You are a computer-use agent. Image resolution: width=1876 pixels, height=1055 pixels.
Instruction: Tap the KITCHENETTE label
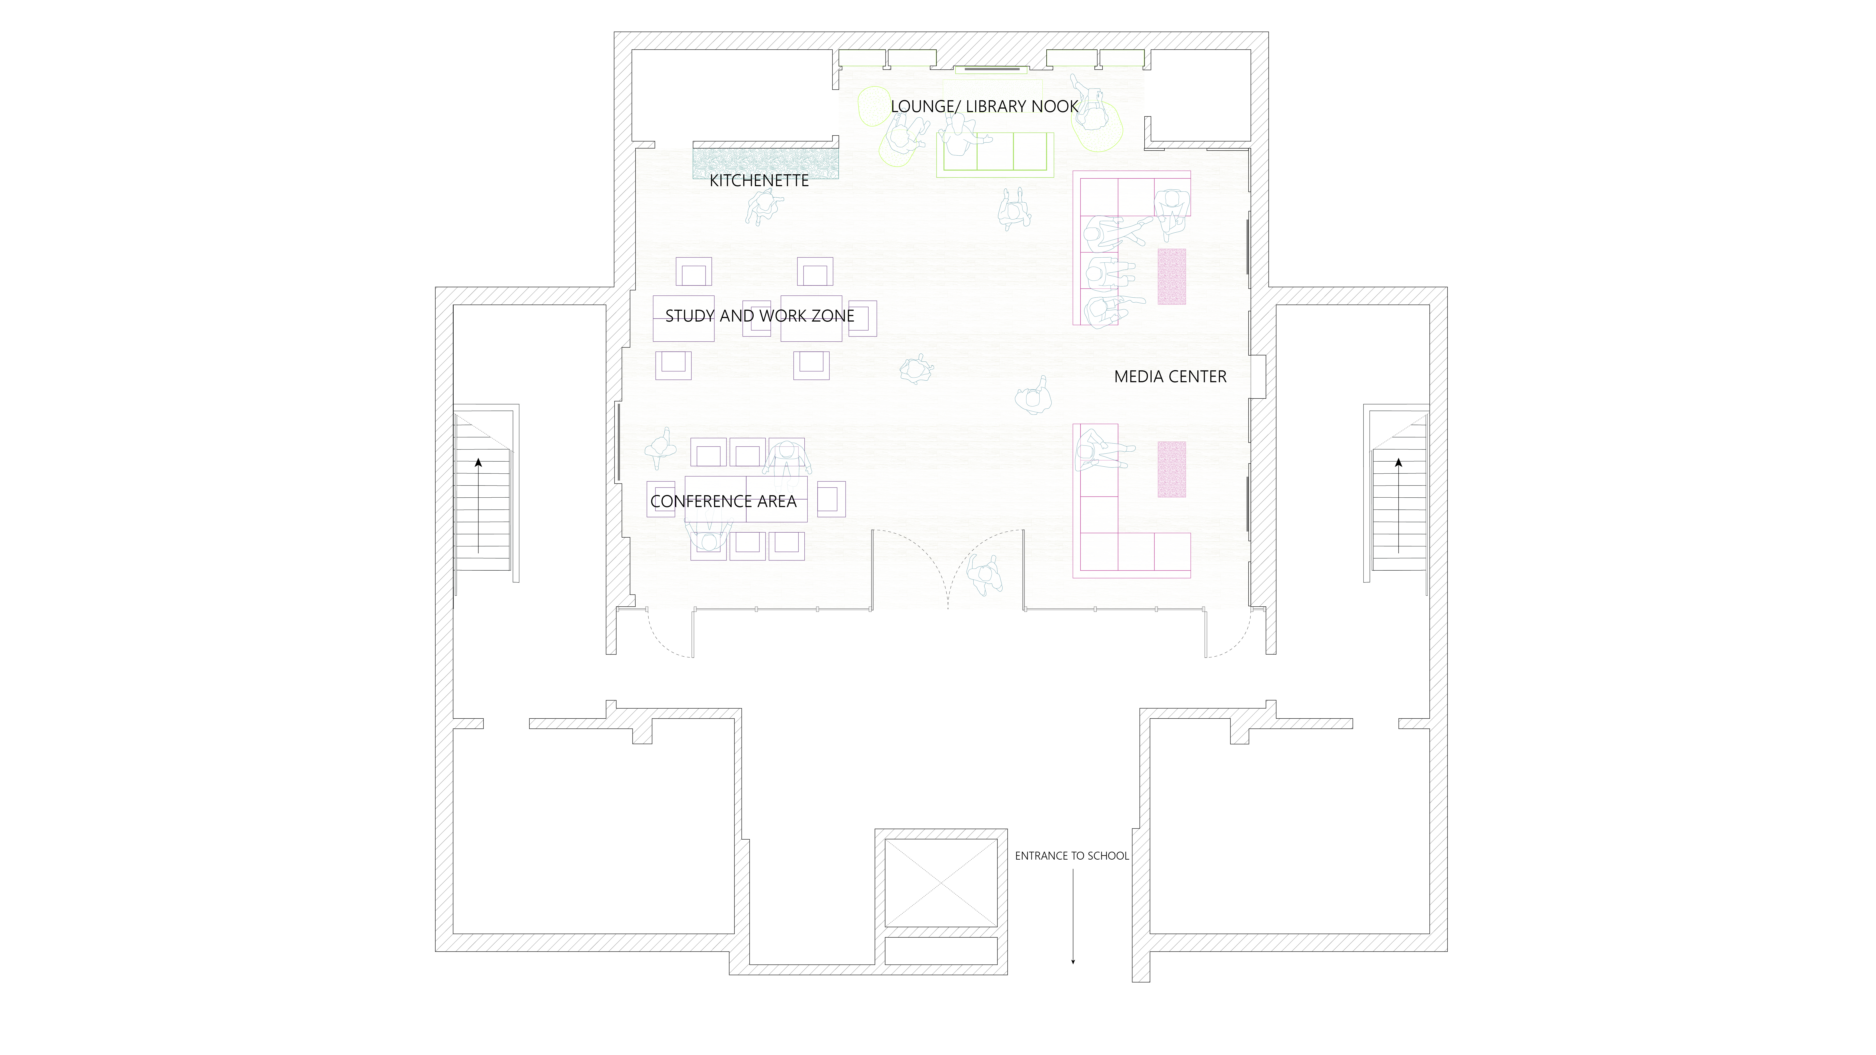tap(759, 181)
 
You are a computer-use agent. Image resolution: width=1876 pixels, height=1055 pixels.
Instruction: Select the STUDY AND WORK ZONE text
tap(760, 316)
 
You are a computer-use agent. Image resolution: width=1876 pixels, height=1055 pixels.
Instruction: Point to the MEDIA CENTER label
tap(1170, 377)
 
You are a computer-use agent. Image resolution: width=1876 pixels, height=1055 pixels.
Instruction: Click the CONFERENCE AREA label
tap(723, 502)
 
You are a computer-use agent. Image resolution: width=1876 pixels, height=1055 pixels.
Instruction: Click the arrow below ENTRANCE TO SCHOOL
tap(1073, 917)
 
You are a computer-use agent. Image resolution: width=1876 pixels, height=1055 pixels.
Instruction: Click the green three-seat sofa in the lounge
tap(995, 154)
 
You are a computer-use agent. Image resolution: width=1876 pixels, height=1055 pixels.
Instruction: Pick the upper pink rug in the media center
tap(1172, 277)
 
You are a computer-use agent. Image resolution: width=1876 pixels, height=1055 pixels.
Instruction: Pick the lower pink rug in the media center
tap(1172, 470)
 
